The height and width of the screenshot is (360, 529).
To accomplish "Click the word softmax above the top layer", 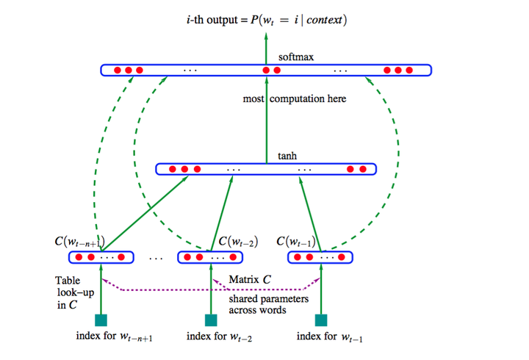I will (296, 57).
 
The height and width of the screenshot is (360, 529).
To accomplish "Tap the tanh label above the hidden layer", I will (287, 156).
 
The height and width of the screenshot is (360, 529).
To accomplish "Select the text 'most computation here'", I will (294, 98).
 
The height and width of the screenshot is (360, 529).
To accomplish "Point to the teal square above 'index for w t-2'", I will (211, 320).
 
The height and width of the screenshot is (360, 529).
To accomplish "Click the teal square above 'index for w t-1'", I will (320, 320).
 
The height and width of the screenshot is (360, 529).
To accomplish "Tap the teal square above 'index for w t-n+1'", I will (101, 320).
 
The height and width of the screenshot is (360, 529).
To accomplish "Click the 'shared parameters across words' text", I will (268, 305).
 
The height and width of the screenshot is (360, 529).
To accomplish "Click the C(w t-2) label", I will (237, 241).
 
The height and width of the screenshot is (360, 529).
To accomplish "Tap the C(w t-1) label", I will (298, 241).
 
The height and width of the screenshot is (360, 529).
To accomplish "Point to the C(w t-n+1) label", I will (80, 241).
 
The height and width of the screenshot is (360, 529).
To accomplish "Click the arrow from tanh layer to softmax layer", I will (267, 118).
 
